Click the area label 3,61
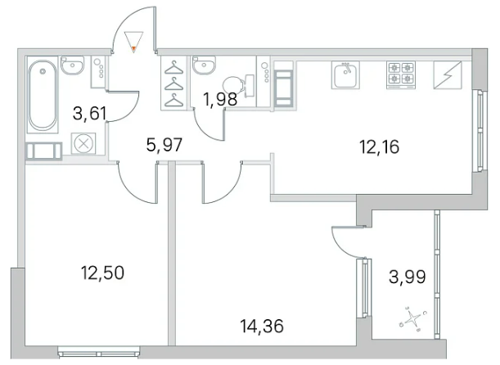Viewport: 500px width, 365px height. pos(89,114)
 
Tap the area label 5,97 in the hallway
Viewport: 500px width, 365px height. pos(164,146)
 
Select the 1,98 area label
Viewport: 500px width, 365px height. pos(220,99)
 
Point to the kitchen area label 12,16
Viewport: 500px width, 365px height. pos(379,147)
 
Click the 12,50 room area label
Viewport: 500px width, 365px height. pos(102,273)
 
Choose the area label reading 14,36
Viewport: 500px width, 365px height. pos(262,327)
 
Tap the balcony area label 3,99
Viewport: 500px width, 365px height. pos(408,277)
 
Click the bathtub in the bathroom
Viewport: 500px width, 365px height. pos(43,95)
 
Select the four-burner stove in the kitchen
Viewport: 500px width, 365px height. pos(401,75)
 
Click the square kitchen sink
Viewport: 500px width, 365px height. pos(345,74)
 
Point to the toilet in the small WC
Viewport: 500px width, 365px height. pos(237,85)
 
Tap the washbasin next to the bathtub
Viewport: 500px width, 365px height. pos(72,65)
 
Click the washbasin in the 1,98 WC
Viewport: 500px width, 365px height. pos(204,65)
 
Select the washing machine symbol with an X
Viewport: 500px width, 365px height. pos(83,143)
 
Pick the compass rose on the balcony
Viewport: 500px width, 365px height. pos(413,318)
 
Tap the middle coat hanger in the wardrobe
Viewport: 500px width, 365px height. pos(173,83)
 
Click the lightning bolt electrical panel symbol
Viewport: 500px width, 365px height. pos(448,75)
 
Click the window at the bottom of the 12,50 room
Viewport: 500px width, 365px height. pos(99,354)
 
